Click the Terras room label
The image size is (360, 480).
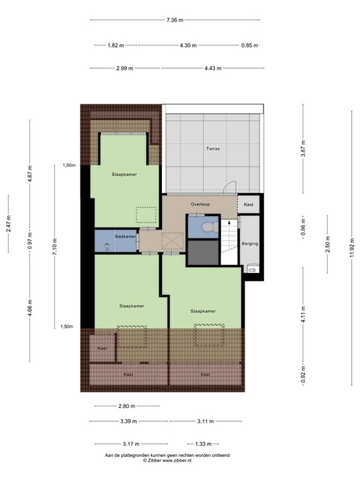213,149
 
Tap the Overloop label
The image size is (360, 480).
201,204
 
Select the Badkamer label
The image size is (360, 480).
126,236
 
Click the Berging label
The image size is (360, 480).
250,244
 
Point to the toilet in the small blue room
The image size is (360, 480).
209,228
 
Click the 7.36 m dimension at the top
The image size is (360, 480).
175,20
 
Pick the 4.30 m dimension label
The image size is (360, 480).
187,46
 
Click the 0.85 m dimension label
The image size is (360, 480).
249,46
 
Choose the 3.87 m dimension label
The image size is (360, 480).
303,149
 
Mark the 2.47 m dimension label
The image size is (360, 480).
9,223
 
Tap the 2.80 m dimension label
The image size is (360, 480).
126,406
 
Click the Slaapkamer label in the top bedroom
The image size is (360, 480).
124,174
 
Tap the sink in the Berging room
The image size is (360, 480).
251,270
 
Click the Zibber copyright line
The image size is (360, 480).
167,461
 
